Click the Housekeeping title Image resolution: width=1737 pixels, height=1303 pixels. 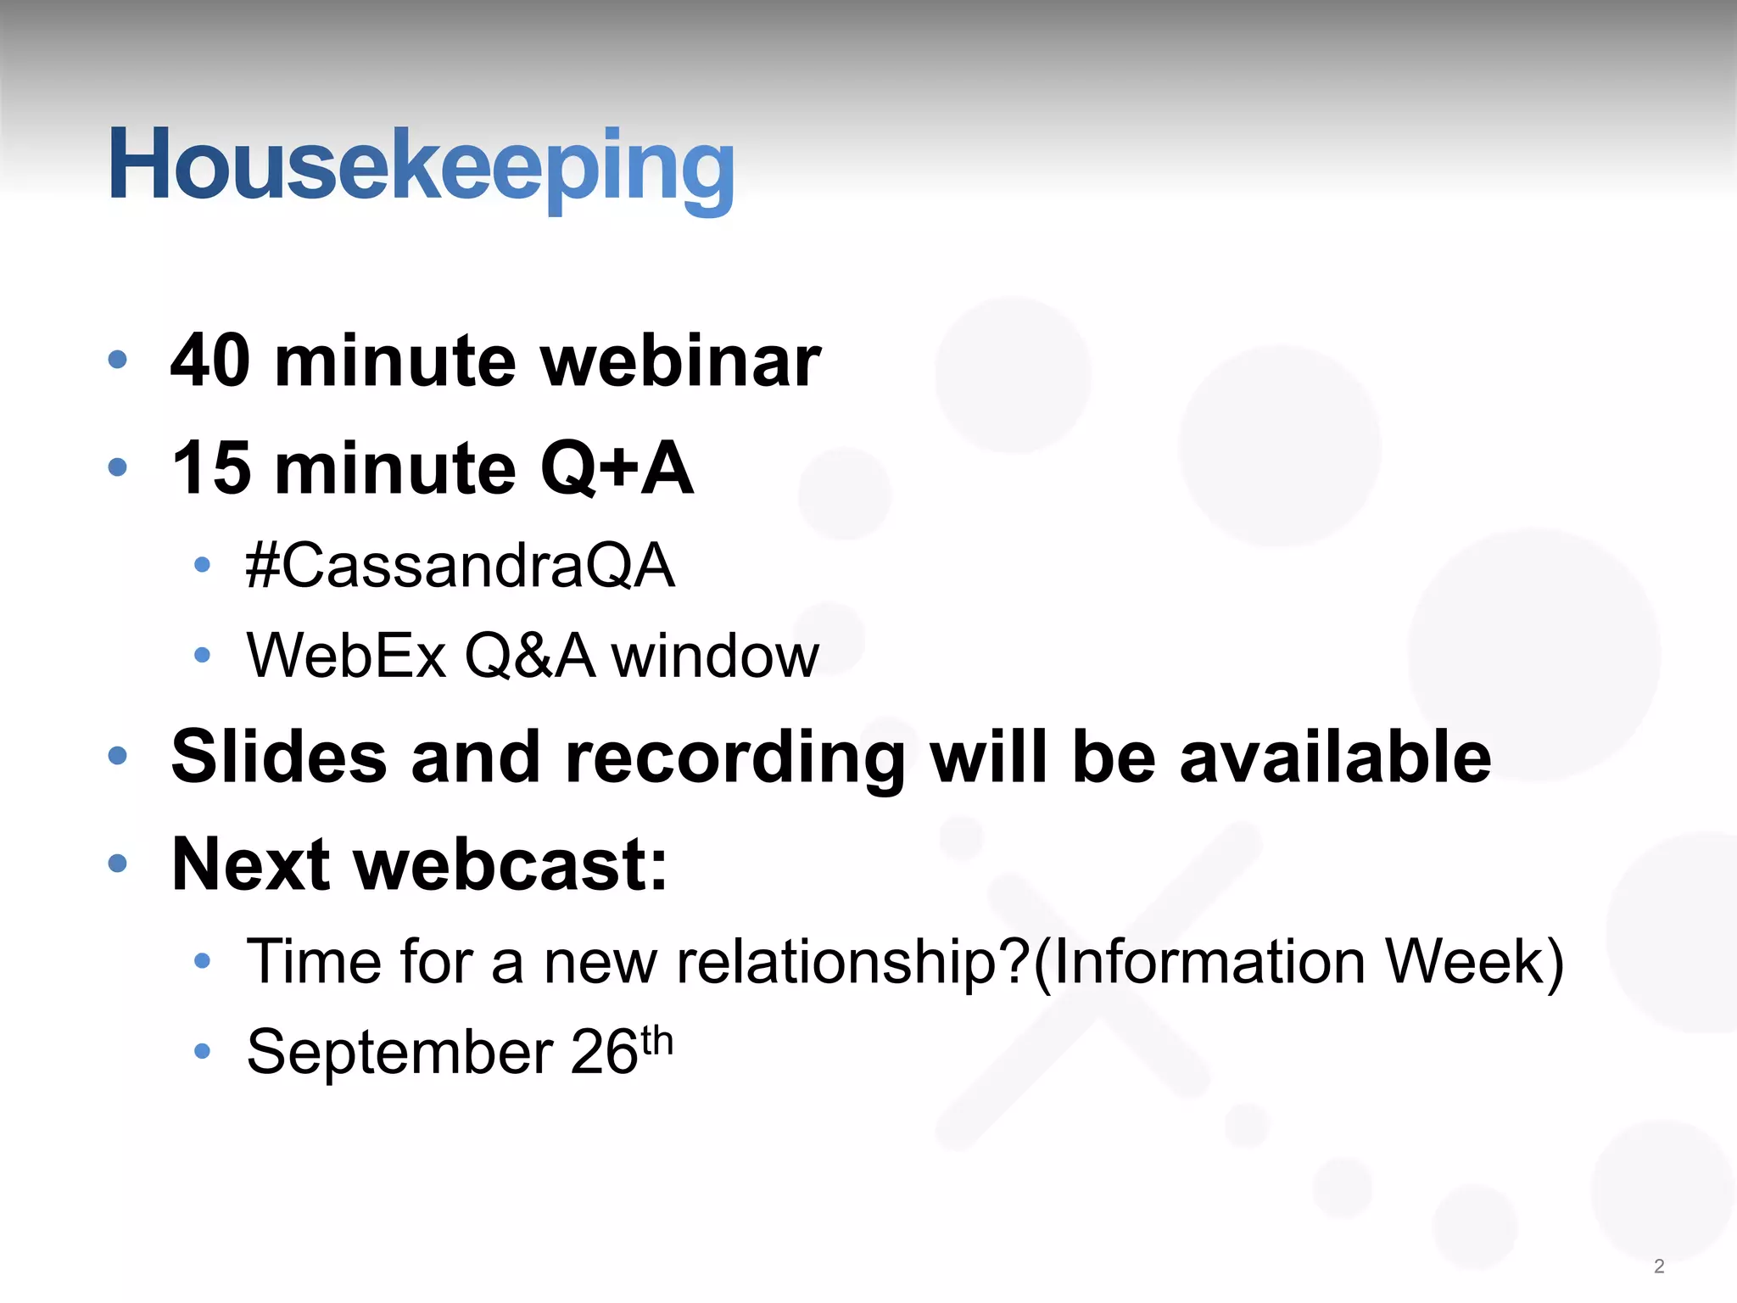pos(422,165)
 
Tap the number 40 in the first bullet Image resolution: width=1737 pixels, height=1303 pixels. pos(210,361)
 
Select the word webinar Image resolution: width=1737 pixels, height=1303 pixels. pos(680,361)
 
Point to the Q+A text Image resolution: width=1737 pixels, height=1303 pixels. pos(617,468)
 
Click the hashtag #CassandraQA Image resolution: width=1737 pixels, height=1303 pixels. pos(460,566)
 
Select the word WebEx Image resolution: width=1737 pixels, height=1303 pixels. pos(346,656)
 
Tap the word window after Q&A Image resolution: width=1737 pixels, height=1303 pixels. pos(715,656)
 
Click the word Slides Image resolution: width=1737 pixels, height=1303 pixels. pos(279,756)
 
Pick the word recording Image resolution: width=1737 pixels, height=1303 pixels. pos(734,758)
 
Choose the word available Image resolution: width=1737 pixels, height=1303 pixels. pos(1335,756)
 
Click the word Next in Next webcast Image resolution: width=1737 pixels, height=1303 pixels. pos(250,864)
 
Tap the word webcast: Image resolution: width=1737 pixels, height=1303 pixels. pos(511,864)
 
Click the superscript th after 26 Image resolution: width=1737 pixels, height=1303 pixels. pos(657,1040)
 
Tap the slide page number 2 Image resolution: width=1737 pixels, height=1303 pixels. pos(1659,1267)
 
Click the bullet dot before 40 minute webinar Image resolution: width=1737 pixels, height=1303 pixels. pos(118,360)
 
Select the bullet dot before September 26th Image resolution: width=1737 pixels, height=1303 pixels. pos(202,1052)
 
